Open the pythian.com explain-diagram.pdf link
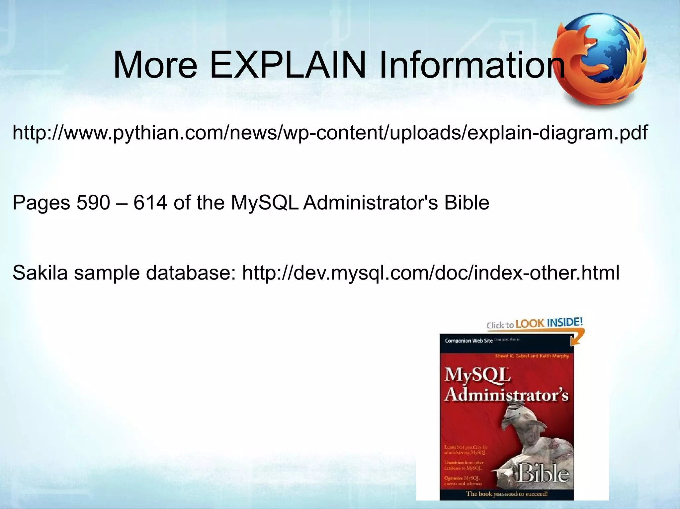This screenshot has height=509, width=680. click(x=330, y=133)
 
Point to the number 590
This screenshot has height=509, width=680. click(x=93, y=203)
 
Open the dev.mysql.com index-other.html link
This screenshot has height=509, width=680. click(x=431, y=273)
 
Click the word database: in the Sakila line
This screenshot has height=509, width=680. click(x=191, y=273)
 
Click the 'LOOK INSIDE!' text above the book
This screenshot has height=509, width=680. click(x=549, y=323)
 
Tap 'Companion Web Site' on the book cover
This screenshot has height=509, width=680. click(x=468, y=341)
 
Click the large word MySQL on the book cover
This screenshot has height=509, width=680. click(x=477, y=375)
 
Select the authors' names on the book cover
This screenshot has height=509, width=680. click(x=532, y=356)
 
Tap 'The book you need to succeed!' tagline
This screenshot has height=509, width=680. click(x=507, y=494)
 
